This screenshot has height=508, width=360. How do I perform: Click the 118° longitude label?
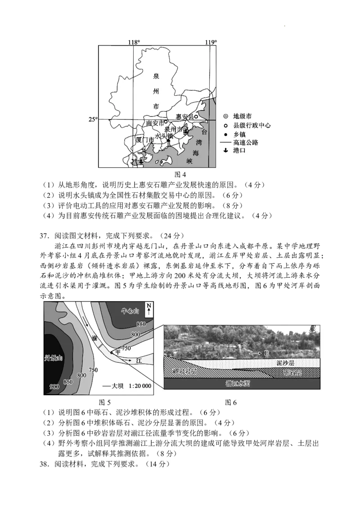pyautogui.click(x=134, y=42)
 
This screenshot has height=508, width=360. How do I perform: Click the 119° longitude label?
pyautogui.click(x=211, y=42)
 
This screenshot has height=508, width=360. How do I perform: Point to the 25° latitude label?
pyautogui.click(x=92, y=119)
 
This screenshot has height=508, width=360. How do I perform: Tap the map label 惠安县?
pyautogui.click(x=184, y=117)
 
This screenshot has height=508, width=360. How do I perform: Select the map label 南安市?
pyautogui.click(x=155, y=123)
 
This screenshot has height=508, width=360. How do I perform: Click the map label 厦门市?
pyautogui.click(x=145, y=140)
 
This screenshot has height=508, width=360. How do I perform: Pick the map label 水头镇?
pyautogui.click(x=164, y=135)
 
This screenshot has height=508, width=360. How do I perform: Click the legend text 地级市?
pyautogui.click(x=243, y=116)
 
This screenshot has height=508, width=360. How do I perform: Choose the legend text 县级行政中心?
pyautogui.click(x=252, y=125)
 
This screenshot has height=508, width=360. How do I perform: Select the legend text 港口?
pyautogui.click(x=239, y=151)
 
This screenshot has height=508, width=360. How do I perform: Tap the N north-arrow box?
pyautogui.click(x=148, y=310)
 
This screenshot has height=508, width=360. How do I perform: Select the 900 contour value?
pyautogui.click(x=54, y=387)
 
